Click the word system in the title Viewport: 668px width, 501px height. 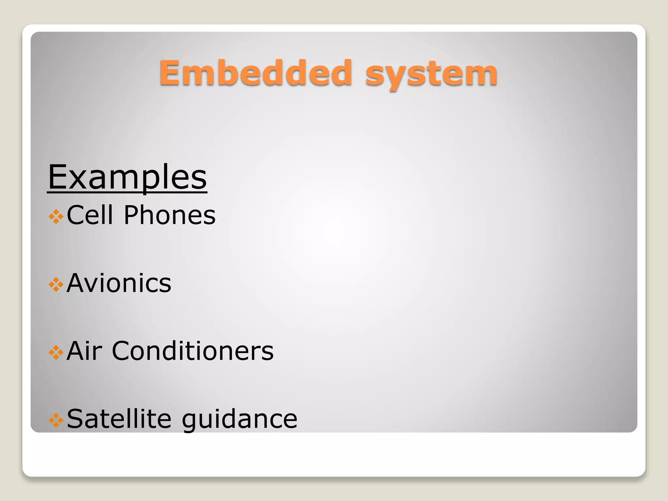431,75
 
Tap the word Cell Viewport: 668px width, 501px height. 90,215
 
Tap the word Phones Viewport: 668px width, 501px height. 170,215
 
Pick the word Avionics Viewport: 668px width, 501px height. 119,283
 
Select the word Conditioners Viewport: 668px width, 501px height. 193,351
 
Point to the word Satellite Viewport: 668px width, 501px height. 119,419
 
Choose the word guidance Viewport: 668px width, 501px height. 240,421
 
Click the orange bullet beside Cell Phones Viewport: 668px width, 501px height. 56,217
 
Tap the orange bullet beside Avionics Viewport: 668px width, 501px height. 56,284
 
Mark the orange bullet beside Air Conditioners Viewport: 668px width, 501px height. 56,352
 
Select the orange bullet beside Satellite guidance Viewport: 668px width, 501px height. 56,420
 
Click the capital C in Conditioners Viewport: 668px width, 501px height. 121,351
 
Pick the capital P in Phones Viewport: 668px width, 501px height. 132,215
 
